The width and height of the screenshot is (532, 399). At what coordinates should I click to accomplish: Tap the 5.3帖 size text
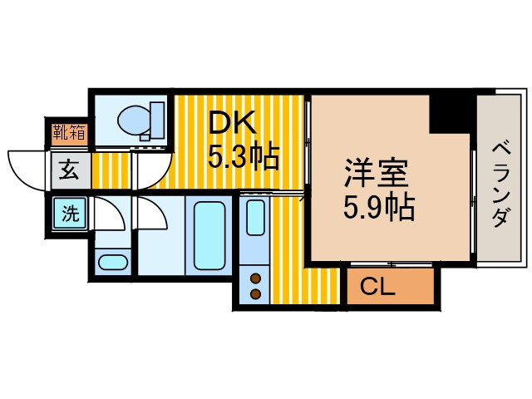pos(243,155)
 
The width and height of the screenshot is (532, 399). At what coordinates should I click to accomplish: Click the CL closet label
pos(377,287)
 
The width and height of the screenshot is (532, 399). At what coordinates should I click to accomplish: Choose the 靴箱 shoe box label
pos(70,131)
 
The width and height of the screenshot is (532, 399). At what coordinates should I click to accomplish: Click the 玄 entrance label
pos(70,173)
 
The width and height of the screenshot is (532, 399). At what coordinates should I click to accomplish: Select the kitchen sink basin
pos(256,217)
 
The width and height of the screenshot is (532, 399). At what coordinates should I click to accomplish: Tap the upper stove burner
pos(256,278)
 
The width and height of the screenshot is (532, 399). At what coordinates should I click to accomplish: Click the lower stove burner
pos(256,293)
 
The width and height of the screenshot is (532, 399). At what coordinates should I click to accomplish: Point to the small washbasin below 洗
pos(112,264)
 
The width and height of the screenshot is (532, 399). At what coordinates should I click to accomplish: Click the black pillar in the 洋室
pos(450,112)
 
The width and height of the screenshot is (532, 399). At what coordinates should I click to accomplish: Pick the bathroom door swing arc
pos(150,218)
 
